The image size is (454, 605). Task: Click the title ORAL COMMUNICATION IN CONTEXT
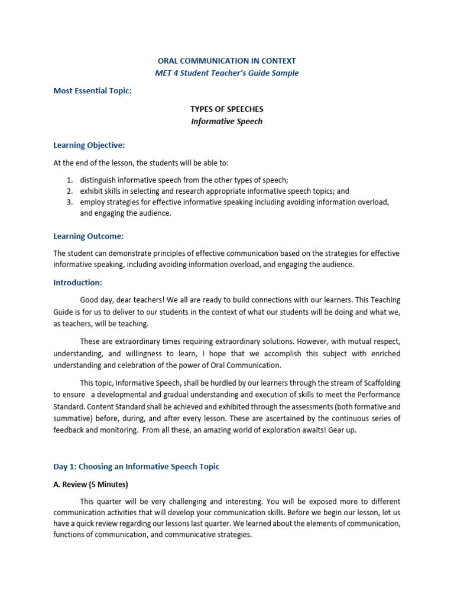[227, 61]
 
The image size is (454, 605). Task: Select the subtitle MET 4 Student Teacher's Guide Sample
[227, 73]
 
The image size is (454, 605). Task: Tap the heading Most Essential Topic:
[92, 91]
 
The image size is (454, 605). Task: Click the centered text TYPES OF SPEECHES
[227, 109]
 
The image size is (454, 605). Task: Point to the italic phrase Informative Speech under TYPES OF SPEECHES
[227, 122]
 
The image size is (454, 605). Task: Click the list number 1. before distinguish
[69, 180]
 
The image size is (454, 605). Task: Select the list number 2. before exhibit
[69, 191]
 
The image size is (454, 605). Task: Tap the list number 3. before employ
[69, 202]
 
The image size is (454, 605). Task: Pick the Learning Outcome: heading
[89, 236]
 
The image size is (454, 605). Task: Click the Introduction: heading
[78, 282]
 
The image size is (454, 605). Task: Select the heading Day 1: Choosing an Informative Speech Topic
[137, 467]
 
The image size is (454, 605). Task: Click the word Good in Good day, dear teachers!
[89, 300]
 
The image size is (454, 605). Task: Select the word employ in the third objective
[92, 202]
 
